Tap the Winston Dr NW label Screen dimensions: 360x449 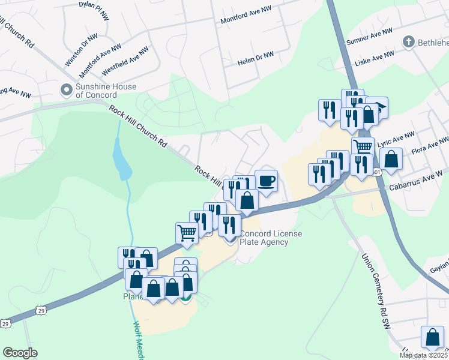point(76,51)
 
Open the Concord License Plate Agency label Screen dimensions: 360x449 point(271,238)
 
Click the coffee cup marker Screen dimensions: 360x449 point(266,180)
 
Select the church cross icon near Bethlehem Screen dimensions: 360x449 point(408,42)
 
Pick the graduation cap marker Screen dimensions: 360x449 point(378,107)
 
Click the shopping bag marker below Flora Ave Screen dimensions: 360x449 point(391,160)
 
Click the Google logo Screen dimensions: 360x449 point(20,353)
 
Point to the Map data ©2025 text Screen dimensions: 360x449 point(423,355)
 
